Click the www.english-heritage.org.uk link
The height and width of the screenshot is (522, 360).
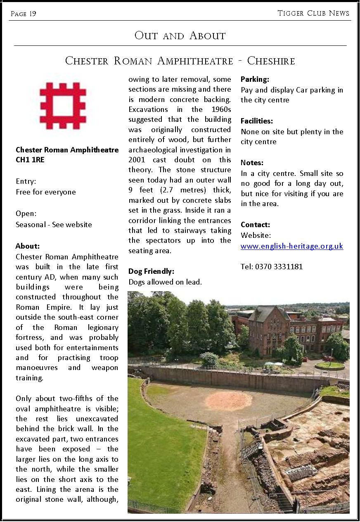(x=292, y=246)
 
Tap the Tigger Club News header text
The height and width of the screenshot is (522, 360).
(x=313, y=13)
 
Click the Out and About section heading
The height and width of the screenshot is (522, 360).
(x=180, y=36)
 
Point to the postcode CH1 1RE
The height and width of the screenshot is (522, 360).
(x=30, y=160)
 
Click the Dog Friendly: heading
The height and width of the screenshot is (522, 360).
(x=151, y=271)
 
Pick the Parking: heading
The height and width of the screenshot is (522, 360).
(x=255, y=79)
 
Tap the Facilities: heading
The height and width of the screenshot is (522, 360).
(x=257, y=121)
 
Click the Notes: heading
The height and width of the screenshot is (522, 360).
(x=252, y=163)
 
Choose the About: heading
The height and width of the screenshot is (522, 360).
(x=28, y=246)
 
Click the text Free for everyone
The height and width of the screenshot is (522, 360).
(x=46, y=192)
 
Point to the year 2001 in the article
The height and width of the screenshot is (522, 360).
(x=137, y=160)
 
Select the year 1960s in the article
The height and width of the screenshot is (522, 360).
(x=218, y=109)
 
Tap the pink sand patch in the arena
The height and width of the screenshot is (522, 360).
(x=228, y=400)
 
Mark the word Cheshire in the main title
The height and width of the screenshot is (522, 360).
(x=271, y=61)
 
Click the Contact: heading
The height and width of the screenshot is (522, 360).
(x=255, y=225)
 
